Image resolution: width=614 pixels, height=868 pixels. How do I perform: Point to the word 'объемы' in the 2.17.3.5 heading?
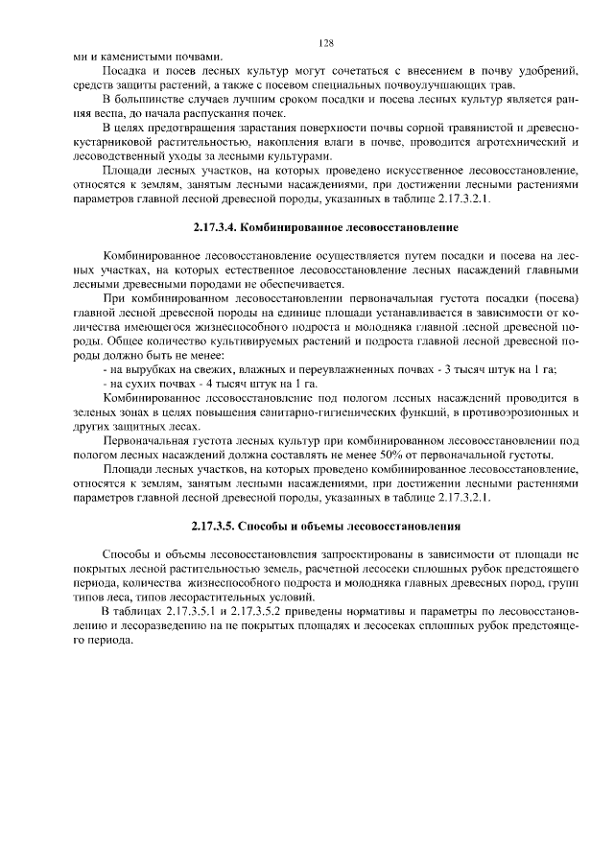[x=322, y=527]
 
